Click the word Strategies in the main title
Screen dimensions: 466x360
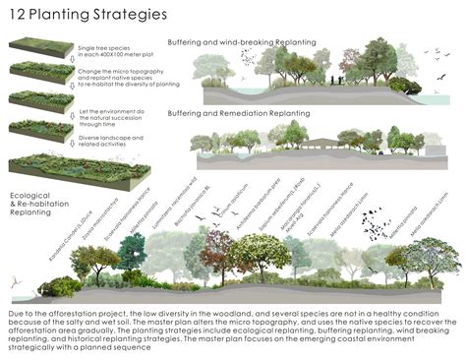pos(129,16)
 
